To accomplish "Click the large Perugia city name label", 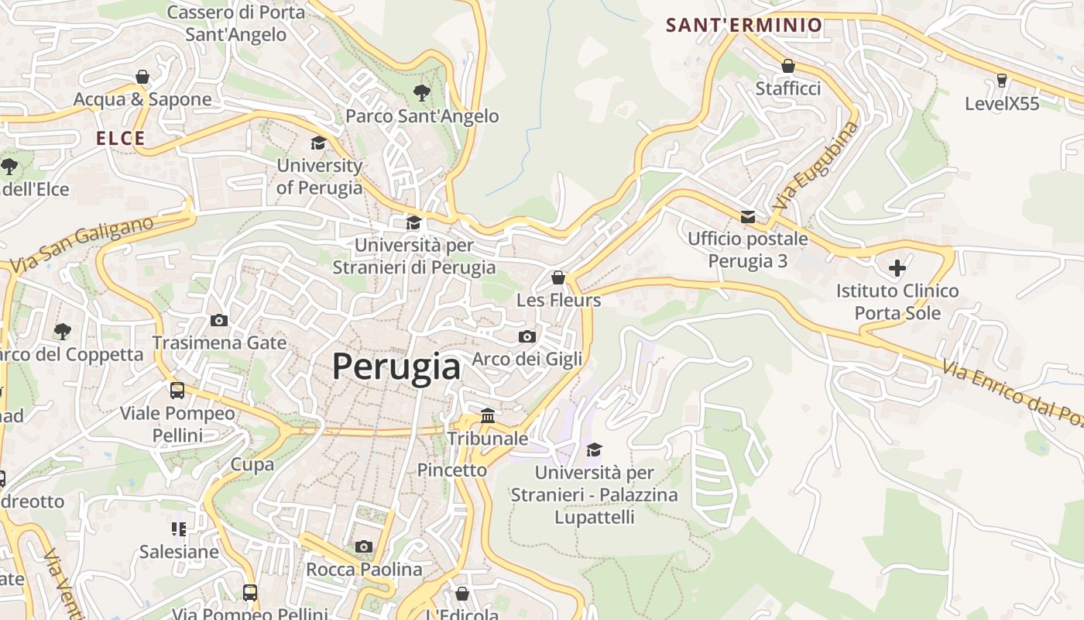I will tap(396, 367).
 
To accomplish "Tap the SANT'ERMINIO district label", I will tap(743, 25).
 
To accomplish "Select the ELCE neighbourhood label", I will tap(120, 139).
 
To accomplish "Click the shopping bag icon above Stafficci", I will tap(788, 66).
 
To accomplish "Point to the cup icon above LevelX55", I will tap(1001, 81).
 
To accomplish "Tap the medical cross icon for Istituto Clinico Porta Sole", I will tap(897, 269).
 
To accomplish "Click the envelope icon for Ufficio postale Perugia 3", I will tap(747, 217).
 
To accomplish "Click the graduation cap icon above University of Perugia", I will tap(318, 143).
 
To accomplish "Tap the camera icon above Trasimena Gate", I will tap(219, 320).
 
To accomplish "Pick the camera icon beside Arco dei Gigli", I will tap(527, 336).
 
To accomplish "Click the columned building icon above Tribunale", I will tap(488, 416).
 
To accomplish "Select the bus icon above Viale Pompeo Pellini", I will tap(177, 391).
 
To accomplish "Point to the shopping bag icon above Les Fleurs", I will tap(558, 277).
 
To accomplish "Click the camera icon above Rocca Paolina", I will tap(364, 547).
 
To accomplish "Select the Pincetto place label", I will tap(452, 470).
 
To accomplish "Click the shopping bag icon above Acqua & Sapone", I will tap(142, 77).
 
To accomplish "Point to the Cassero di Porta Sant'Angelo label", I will tap(236, 23).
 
